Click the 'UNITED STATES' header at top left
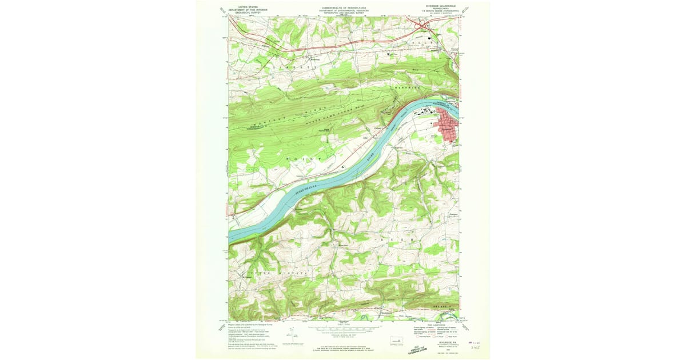click(x=240, y=7)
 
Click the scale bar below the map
click(x=343, y=330)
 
